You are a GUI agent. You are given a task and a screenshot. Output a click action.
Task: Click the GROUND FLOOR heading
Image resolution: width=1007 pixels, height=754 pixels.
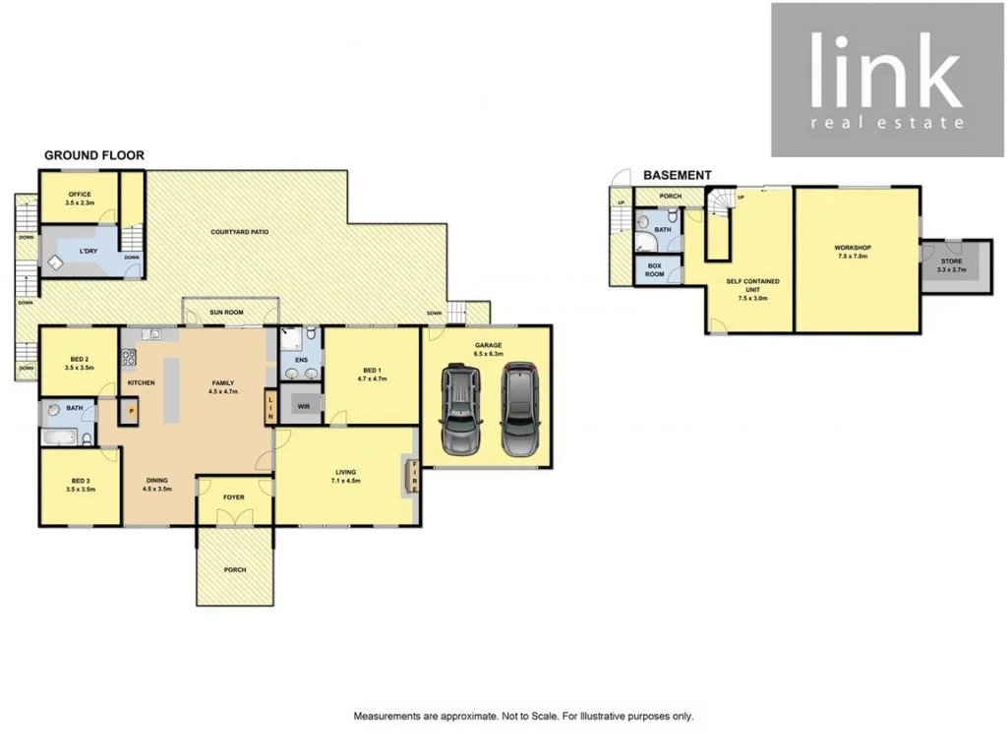(93, 155)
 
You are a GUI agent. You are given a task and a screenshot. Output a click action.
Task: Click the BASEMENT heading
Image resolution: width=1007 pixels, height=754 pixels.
(677, 175)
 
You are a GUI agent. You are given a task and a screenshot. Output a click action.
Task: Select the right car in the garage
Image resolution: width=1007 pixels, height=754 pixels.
(518, 409)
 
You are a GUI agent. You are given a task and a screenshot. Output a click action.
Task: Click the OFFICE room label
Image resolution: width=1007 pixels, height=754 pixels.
(80, 195)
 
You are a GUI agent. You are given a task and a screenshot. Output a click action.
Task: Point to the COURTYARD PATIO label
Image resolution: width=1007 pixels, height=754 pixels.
(240, 232)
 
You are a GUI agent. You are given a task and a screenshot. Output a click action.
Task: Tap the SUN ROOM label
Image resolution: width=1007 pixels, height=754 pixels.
(228, 314)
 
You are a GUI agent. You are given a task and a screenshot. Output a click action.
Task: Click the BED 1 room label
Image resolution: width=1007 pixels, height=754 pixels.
(372, 371)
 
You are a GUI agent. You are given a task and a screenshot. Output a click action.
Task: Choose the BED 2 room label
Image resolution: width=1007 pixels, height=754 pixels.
(80, 360)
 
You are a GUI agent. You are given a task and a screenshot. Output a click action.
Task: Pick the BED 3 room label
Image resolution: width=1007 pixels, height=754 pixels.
(80, 481)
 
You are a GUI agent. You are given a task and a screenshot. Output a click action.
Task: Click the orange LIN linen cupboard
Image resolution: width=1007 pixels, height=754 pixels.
(270, 407)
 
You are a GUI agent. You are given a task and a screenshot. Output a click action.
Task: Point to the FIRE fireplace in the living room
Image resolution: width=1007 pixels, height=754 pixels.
(414, 477)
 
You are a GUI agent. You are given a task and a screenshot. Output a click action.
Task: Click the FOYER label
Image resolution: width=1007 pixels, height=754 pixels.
(234, 497)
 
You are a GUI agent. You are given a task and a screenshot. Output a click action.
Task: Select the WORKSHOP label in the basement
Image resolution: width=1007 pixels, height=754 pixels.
(853, 248)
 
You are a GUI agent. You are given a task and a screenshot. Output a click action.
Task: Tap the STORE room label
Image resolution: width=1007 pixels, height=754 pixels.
(951, 262)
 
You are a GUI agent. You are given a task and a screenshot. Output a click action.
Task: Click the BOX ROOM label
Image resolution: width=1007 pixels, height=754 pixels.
(655, 269)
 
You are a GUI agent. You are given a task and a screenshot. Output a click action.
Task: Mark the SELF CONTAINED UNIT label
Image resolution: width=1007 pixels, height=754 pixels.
(753, 286)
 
